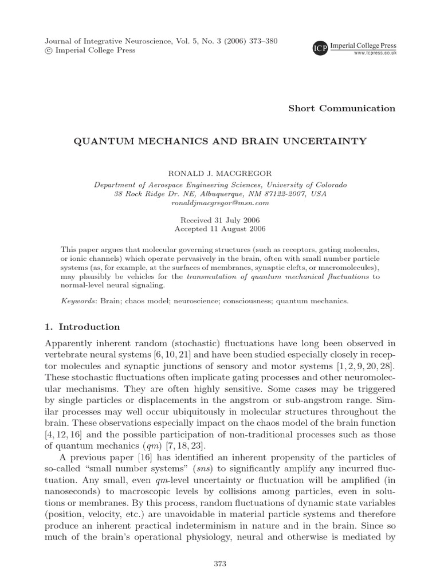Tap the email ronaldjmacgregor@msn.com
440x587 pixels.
click(220, 203)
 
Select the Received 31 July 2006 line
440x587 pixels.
click(220, 220)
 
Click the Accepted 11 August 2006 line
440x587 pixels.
click(220, 228)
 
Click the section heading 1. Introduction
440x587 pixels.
click(82, 327)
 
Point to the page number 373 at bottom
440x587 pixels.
click(220, 564)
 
